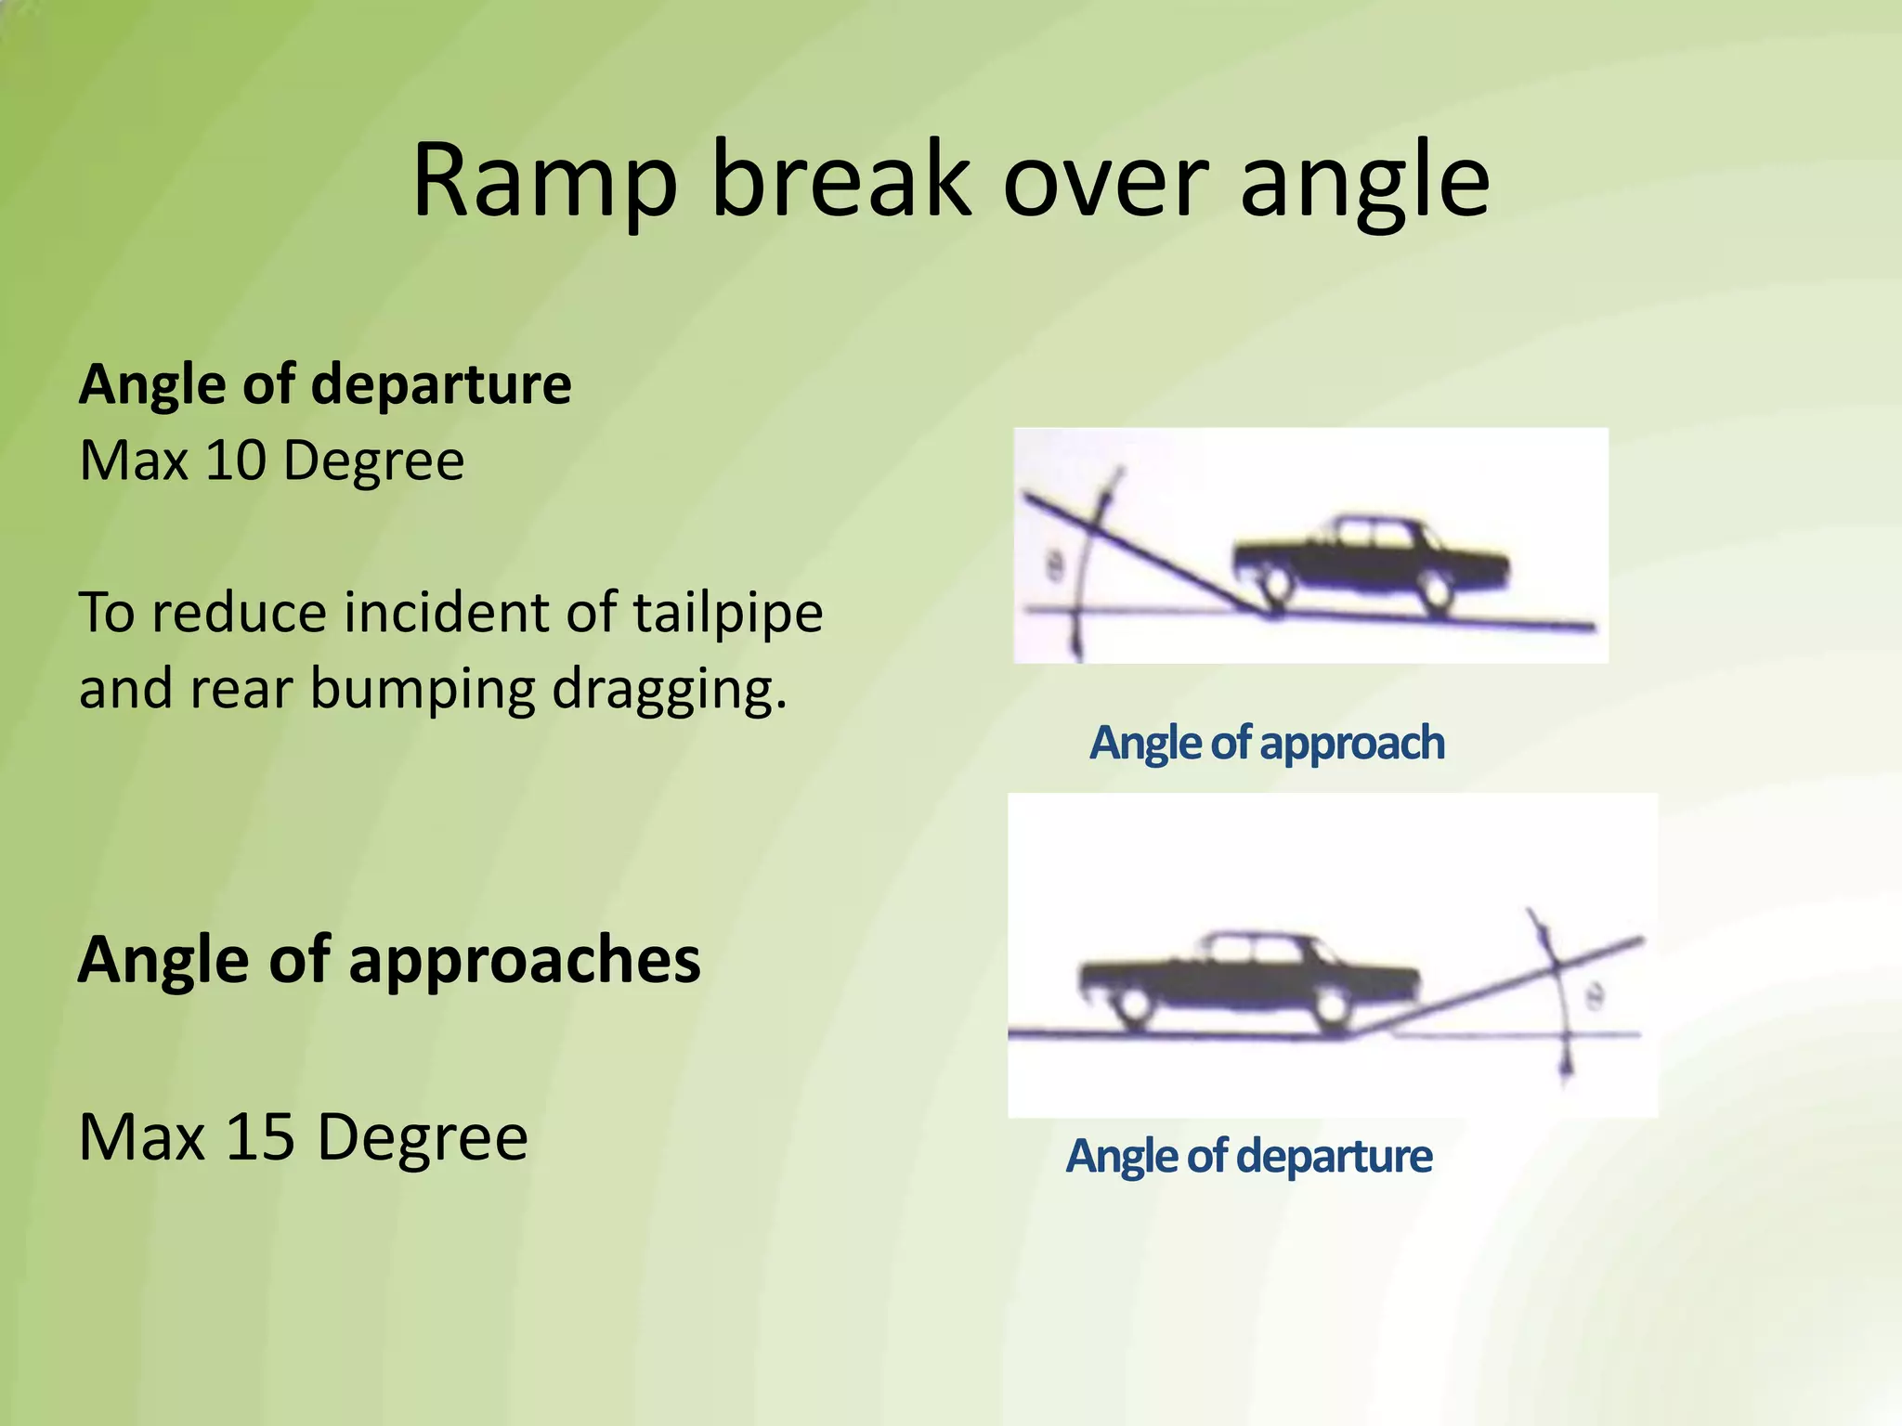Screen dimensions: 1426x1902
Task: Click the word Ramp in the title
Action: (544, 181)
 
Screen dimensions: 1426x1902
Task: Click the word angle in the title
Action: (1365, 181)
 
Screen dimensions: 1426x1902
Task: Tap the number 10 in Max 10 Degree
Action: (235, 460)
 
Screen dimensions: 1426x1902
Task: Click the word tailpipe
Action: (728, 614)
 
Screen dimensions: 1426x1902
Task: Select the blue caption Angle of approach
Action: (1267, 744)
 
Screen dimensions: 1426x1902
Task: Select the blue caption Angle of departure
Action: (1248, 1157)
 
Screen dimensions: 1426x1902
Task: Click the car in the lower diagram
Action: (1249, 979)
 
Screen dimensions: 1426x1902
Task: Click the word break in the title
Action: (840, 181)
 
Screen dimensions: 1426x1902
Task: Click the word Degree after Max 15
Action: (423, 1137)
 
